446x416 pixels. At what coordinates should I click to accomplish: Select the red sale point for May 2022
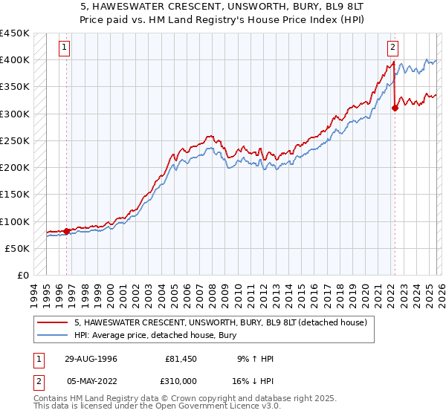[x=395, y=108]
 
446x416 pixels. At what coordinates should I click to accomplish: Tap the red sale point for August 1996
[x=67, y=231]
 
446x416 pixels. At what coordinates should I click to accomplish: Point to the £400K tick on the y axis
[x=15, y=59]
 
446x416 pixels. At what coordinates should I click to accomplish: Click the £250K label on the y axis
[x=15, y=140]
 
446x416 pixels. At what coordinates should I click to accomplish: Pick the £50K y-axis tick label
[x=18, y=248]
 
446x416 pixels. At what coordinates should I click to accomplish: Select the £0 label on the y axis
[x=24, y=276]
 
